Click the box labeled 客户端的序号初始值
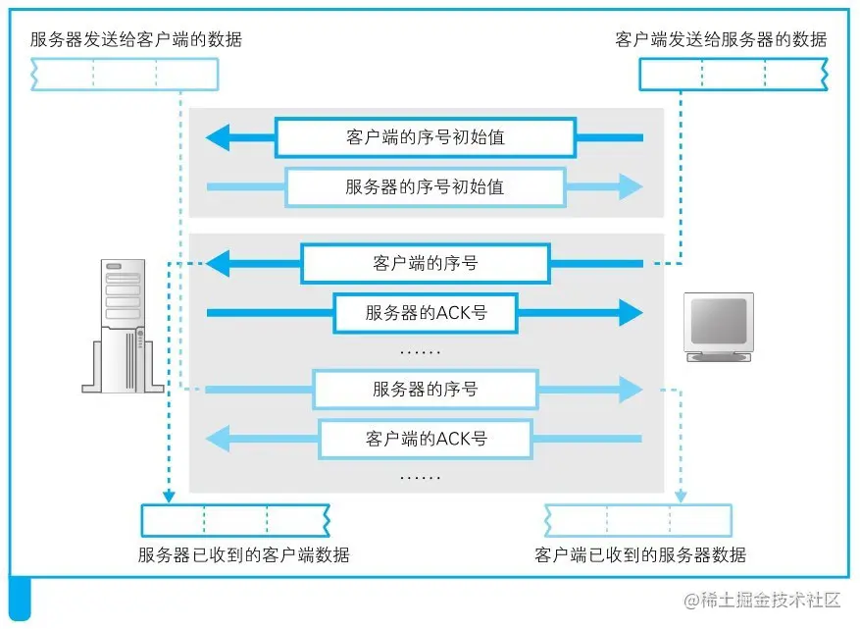425,137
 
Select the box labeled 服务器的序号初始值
425,186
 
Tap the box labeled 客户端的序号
425,263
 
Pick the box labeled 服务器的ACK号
425,313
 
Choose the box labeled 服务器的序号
425,390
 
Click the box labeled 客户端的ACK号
425,439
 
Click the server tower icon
124,327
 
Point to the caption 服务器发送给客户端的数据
135,40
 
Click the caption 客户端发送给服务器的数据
721,40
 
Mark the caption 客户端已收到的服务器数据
640,555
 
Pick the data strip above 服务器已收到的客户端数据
235,519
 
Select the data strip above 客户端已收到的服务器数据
638,519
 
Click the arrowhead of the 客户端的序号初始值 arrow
218,137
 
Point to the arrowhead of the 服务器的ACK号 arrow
630,313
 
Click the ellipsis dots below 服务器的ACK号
422,351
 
